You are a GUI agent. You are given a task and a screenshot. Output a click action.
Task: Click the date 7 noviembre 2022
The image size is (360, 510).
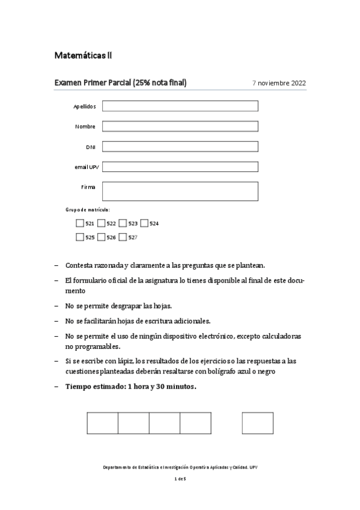279,83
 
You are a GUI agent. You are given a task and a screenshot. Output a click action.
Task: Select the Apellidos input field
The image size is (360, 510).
180,106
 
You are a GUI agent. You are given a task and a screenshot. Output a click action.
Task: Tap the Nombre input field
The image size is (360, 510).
180,126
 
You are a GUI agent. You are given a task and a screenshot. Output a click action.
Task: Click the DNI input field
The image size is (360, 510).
180,147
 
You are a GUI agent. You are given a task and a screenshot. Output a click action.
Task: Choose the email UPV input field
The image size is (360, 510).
180,167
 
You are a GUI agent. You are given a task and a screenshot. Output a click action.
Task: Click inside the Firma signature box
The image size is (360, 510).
180,191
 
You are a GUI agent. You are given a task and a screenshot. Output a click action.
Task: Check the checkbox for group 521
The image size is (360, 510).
80,223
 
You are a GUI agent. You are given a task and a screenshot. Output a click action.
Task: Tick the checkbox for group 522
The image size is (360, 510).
102,223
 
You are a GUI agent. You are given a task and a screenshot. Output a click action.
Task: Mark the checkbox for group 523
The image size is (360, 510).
123,223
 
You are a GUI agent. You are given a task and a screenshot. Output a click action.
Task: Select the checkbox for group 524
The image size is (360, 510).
144,223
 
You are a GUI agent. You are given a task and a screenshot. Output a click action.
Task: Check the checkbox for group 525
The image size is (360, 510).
80,237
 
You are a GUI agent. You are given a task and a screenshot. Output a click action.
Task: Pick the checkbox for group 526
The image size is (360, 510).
102,237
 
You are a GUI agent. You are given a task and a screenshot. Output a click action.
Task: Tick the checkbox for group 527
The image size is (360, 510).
123,237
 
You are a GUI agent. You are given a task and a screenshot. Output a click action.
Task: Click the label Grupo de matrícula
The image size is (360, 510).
88,210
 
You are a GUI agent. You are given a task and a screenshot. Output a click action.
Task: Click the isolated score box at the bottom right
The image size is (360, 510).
258,423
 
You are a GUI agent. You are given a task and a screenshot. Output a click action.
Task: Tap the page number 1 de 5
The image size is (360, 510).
180,479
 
